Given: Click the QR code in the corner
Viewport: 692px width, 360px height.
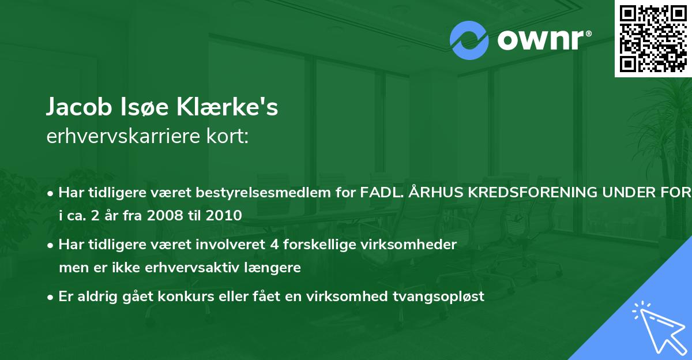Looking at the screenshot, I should click(x=653, y=39).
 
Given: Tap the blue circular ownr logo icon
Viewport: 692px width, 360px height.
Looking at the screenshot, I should click(x=469, y=40).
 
